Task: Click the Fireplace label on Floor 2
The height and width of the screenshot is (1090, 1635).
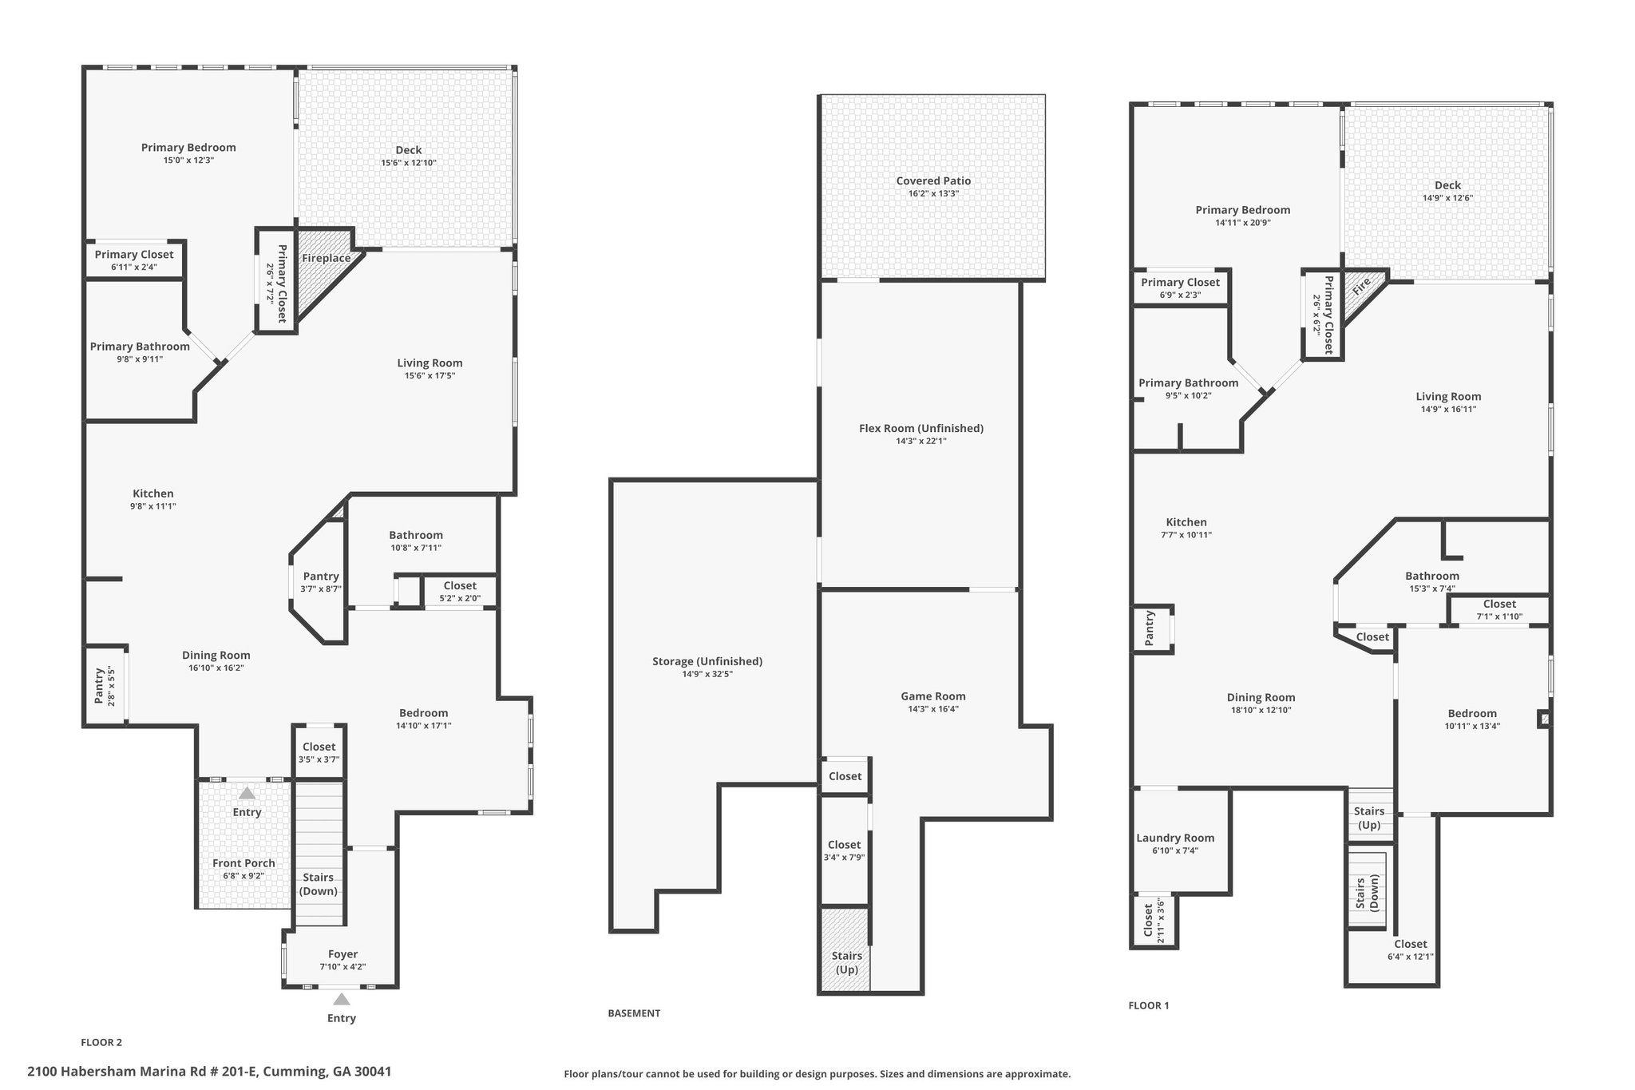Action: click(x=326, y=258)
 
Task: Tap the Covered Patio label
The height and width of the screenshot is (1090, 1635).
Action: click(x=933, y=180)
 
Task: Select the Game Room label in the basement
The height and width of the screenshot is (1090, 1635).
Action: click(x=933, y=696)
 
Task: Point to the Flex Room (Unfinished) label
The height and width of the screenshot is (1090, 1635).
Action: click(x=921, y=428)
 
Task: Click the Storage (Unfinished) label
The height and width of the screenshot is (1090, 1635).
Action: click(x=707, y=661)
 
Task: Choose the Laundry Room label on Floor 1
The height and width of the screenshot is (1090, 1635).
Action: click(x=1175, y=838)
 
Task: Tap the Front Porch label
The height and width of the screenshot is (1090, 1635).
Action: click(x=243, y=862)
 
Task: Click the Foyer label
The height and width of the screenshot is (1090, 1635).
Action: click(x=342, y=953)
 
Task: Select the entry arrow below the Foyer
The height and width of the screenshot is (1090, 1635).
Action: click(x=342, y=999)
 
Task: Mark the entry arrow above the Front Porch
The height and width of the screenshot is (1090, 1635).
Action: click(x=247, y=793)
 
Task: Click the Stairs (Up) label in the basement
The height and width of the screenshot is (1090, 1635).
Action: click(x=847, y=962)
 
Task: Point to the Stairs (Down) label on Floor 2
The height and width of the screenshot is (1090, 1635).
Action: click(x=319, y=884)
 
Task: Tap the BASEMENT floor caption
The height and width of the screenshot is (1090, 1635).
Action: click(x=634, y=1013)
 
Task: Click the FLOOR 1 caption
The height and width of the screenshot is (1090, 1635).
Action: click(x=1148, y=1005)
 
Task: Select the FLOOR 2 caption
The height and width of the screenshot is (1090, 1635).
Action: click(x=101, y=1042)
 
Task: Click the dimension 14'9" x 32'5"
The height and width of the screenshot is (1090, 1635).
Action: click(x=707, y=674)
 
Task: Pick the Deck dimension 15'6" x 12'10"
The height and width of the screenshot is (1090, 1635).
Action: click(x=409, y=163)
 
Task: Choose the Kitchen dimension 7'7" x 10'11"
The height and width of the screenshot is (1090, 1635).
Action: click(x=1186, y=535)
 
